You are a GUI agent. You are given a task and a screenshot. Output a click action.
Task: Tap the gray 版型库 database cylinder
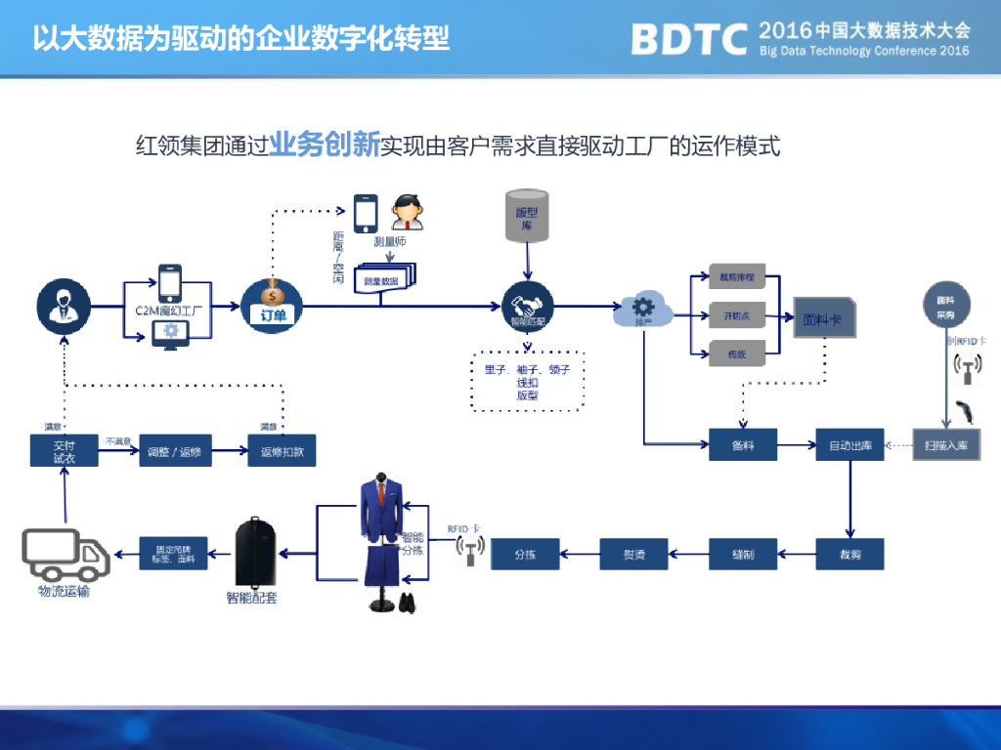tap(527, 216)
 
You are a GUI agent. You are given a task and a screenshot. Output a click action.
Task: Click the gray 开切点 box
tap(737, 316)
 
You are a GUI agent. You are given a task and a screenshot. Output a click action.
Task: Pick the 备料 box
tap(742, 445)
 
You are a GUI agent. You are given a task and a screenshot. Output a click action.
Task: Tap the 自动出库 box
tap(849, 445)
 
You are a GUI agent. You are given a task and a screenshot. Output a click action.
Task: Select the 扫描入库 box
tap(946, 445)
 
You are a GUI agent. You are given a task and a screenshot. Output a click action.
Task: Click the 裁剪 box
tap(849, 554)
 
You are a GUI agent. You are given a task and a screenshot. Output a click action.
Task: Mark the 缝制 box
tap(742, 554)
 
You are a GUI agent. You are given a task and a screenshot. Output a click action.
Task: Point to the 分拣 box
tap(525, 554)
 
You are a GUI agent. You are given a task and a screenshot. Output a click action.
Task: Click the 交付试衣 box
tap(63, 450)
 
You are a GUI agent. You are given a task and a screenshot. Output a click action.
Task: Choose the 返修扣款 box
tap(282, 450)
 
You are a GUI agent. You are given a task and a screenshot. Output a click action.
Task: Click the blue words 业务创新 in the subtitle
tap(325, 145)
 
